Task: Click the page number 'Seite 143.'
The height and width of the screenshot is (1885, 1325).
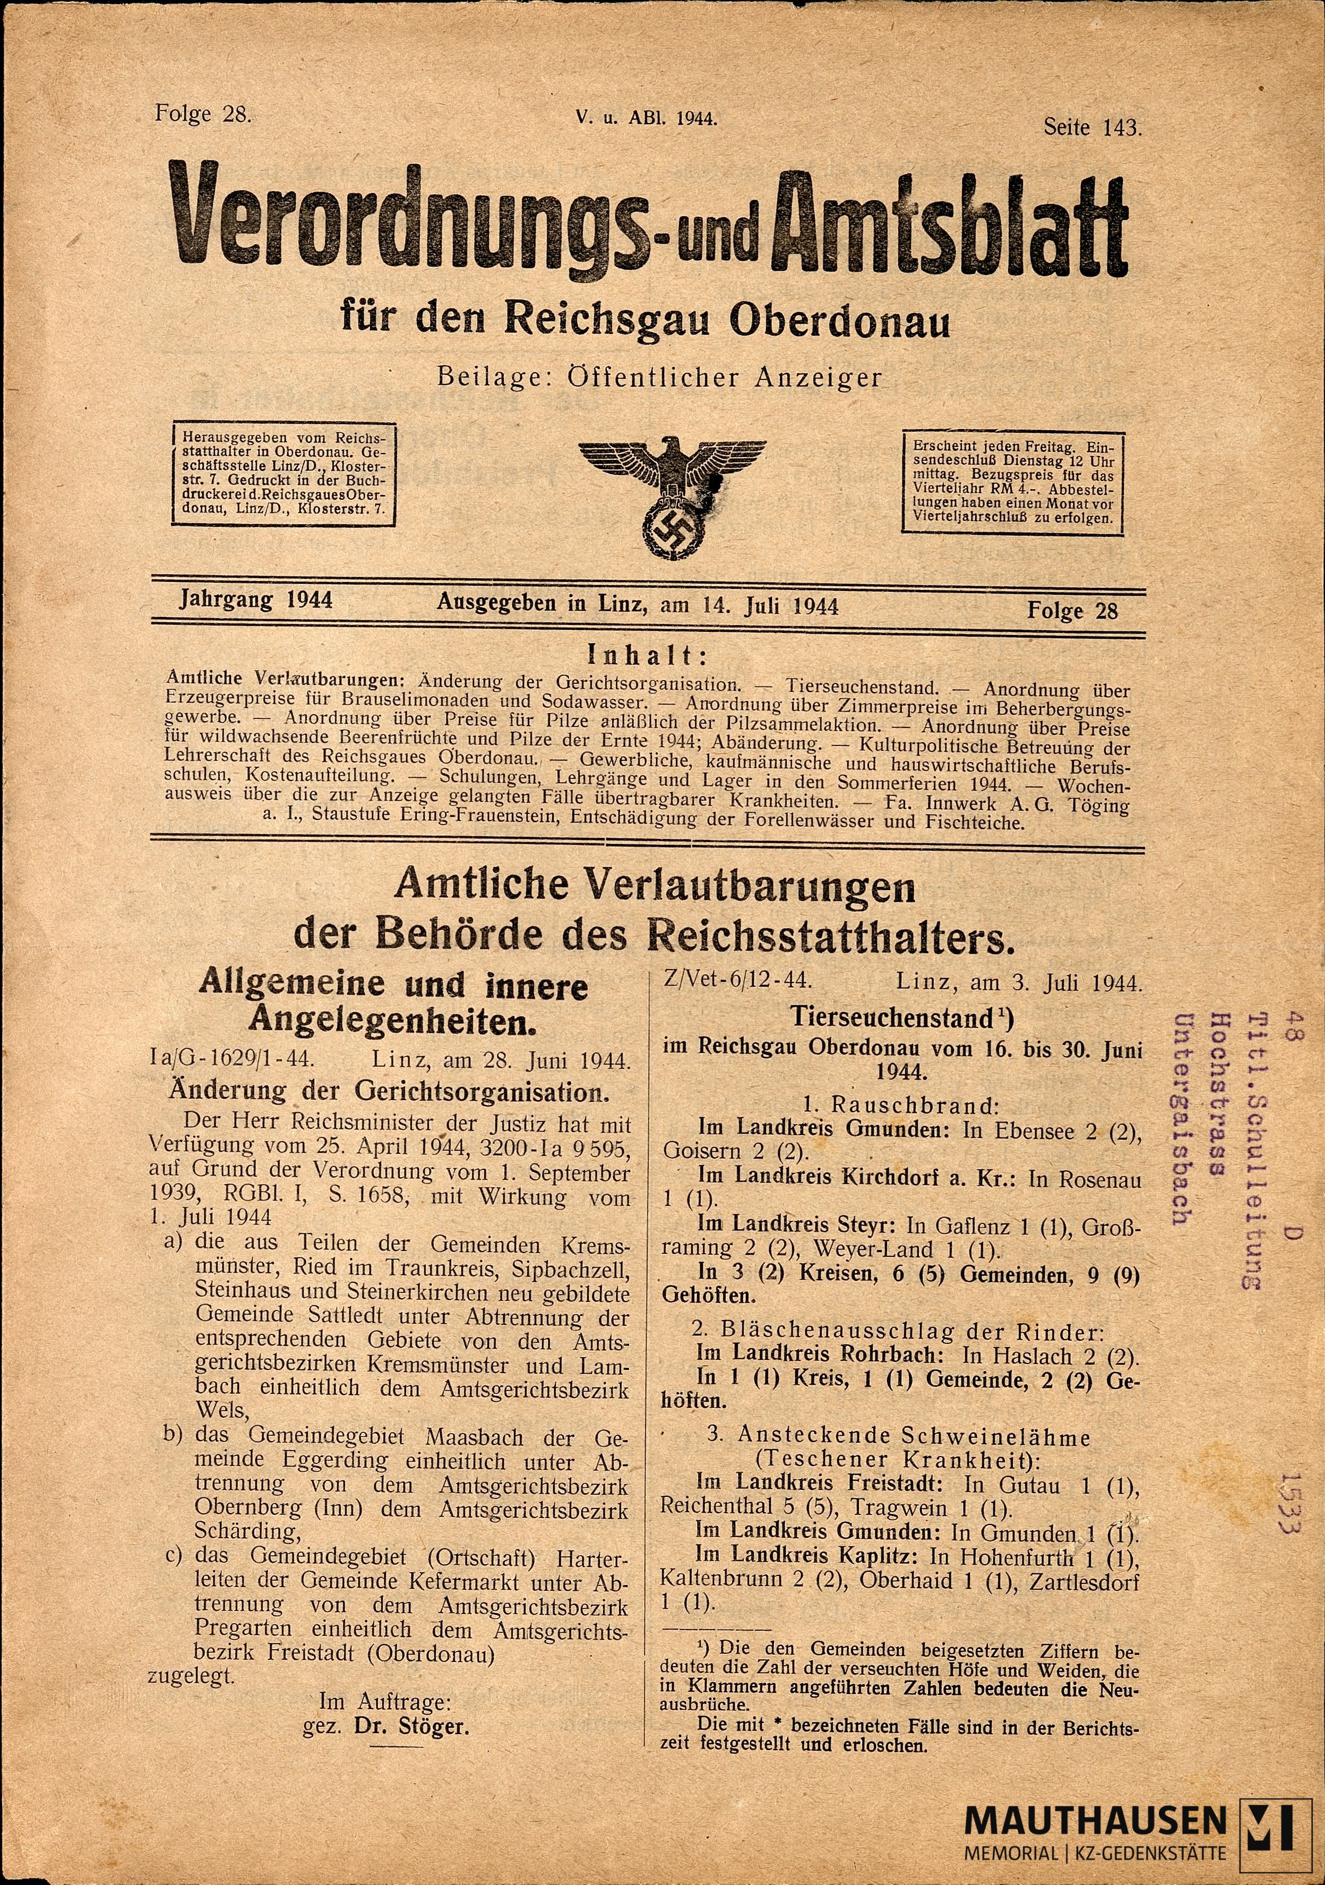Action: (x=1092, y=128)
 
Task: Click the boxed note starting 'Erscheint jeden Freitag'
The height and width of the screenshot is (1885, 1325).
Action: (x=1012, y=482)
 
